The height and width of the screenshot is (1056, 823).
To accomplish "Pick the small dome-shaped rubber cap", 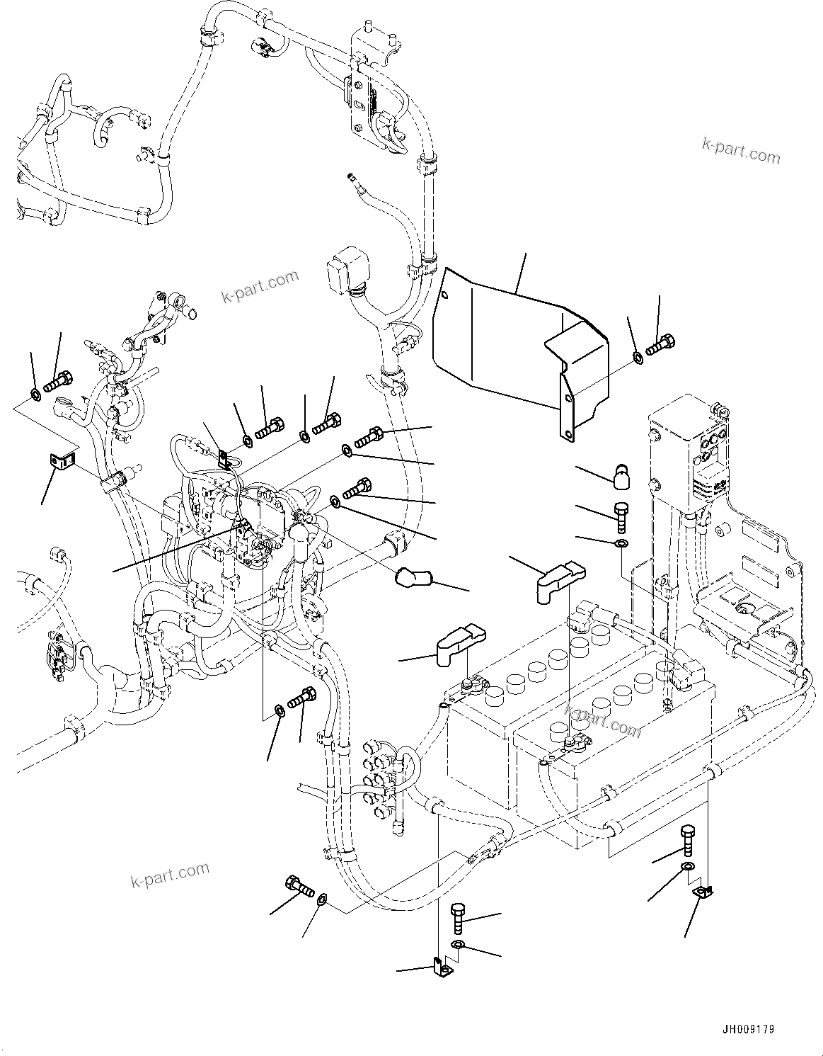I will (x=621, y=475).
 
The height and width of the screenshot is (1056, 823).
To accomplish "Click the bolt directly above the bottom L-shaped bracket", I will (x=458, y=919).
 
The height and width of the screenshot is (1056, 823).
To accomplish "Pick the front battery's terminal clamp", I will (x=471, y=685).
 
